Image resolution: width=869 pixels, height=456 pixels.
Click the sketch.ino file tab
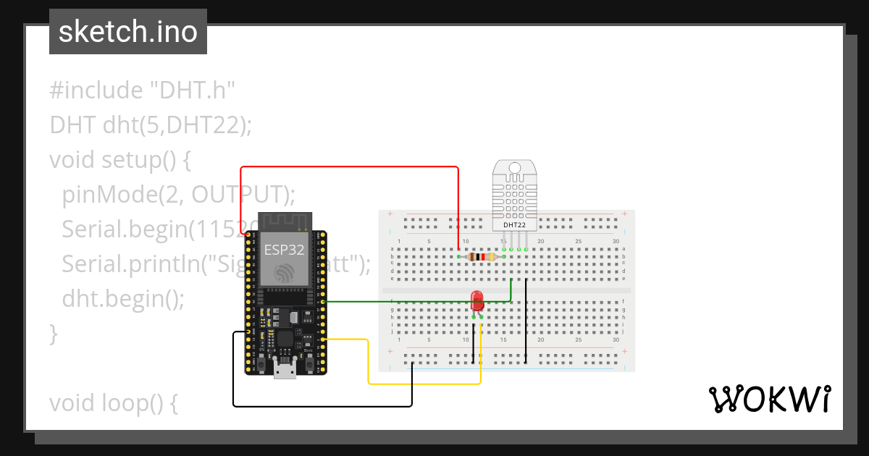(x=127, y=32)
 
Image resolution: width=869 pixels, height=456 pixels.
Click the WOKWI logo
(x=768, y=400)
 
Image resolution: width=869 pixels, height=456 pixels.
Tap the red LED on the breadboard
(x=477, y=300)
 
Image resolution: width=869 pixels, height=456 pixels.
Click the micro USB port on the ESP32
(x=284, y=370)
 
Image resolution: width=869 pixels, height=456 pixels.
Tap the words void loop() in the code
(x=113, y=403)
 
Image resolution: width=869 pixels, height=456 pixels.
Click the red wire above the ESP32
(x=348, y=167)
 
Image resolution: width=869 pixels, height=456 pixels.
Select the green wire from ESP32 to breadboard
(x=413, y=301)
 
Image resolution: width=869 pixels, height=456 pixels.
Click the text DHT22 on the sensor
(x=514, y=225)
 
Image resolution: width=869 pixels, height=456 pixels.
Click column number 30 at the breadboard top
(x=616, y=241)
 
